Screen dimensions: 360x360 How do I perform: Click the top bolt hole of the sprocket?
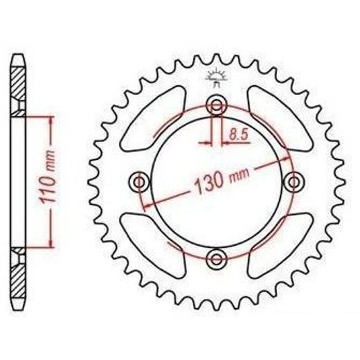point(217,105)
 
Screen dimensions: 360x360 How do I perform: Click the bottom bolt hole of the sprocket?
point(217,259)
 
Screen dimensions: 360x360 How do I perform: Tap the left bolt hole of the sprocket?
point(139,182)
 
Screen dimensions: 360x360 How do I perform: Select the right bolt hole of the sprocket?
point(294,182)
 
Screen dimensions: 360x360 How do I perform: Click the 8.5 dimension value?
point(239,135)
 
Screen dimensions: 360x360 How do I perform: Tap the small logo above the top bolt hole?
point(216,78)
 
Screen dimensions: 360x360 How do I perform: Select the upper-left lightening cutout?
point(153,119)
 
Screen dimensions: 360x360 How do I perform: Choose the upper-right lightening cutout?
point(280,119)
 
